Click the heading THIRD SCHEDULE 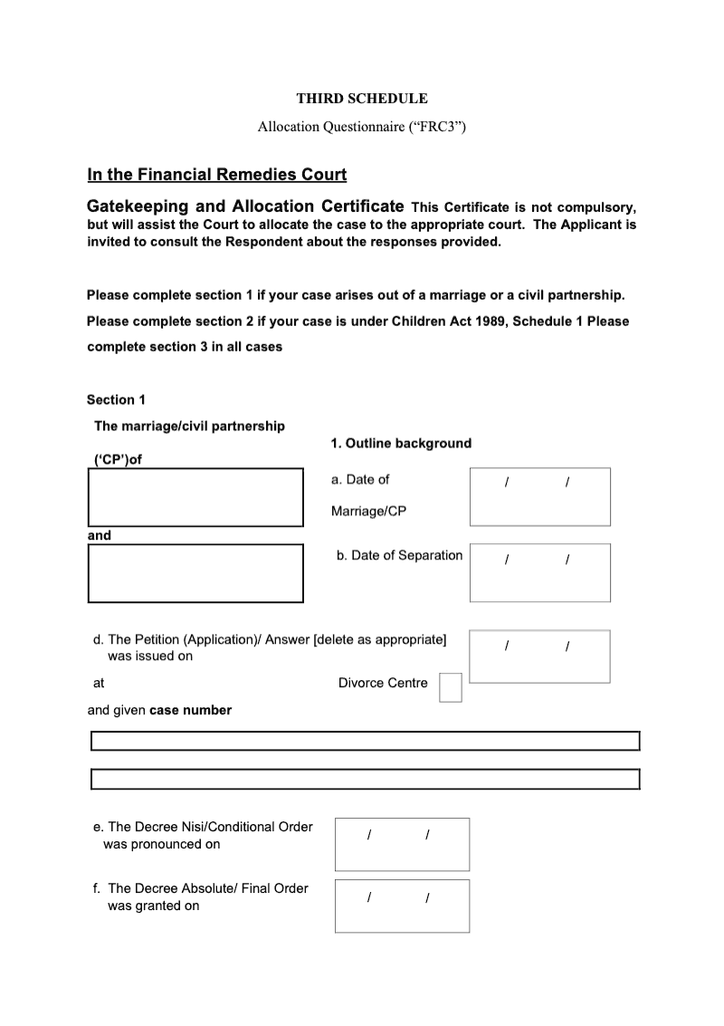click(362, 99)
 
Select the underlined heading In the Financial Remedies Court click(216, 174)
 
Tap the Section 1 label click(116, 400)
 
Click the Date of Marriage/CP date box click(539, 496)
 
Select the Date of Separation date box click(539, 572)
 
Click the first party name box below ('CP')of click(195, 496)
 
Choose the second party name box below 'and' click(195, 572)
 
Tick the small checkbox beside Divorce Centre click(450, 687)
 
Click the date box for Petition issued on click(539, 657)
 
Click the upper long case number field click(365, 742)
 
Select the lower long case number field click(365, 779)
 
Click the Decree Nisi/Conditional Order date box click(402, 844)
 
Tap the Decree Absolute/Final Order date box click(402, 906)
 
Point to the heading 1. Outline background click(401, 444)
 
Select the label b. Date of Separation click(399, 556)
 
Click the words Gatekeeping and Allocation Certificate click(245, 206)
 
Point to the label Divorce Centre click(383, 684)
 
